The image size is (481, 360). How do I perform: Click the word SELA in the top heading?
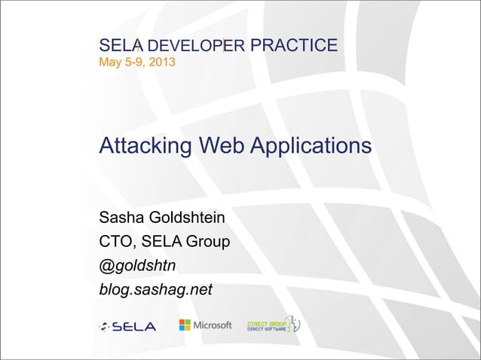(116, 46)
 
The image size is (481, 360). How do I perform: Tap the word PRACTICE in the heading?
(293, 46)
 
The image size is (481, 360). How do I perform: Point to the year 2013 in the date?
(163, 61)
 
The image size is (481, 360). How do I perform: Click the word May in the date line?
(110, 61)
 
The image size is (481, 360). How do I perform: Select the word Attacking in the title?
(146, 145)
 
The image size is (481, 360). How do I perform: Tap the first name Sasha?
(124, 220)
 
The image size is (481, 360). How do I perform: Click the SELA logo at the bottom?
(127, 326)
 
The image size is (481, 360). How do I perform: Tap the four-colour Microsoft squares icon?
(185, 325)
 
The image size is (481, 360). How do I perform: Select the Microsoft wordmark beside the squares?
(213, 325)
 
